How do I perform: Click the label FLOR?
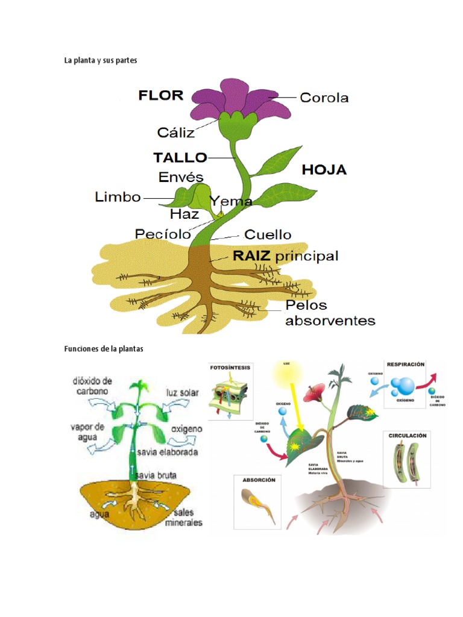160,95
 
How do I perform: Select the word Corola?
324,98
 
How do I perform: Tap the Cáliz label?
175,131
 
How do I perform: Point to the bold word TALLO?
180,158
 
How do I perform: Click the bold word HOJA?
324,170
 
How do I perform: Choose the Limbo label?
118,197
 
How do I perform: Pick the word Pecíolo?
163,234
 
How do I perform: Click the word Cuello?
268,234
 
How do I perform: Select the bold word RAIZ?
251,255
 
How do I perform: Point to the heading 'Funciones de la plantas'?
104,349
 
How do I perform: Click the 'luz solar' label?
182,392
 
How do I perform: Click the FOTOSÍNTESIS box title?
231,367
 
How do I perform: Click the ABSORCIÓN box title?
259,480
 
